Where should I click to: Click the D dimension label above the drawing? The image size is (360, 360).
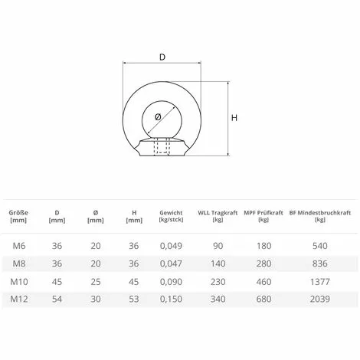162,57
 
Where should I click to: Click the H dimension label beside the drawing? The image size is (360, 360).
234,118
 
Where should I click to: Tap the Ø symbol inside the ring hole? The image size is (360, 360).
158,117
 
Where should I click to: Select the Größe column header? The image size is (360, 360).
18,216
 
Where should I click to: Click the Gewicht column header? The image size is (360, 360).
171,216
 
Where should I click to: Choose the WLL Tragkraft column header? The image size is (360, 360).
218,216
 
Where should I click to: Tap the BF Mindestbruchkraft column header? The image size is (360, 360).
320,216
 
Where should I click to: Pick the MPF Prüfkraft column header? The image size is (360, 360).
263,216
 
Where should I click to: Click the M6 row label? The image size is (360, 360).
19,246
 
